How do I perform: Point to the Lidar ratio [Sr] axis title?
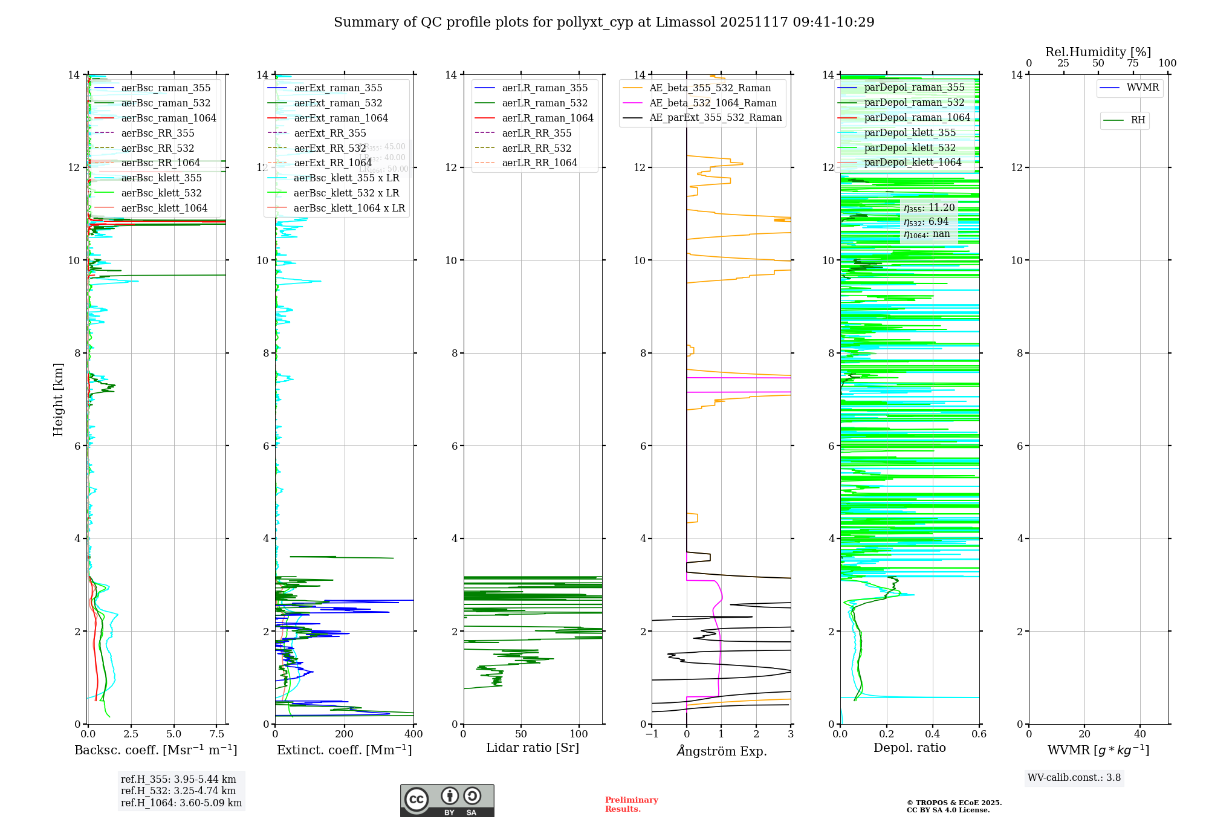tap(533, 748)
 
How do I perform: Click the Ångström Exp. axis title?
tap(722, 751)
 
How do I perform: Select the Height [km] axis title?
tap(58, 399)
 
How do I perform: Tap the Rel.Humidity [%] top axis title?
tap(1098, 52)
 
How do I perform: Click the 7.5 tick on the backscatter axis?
tap(217, 734)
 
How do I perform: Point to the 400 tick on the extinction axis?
tap(413, 734)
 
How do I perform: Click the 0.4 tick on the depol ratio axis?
tap(933, 734)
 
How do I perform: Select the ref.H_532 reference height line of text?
tap(178, 791)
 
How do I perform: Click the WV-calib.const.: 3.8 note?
tap(1074, 777)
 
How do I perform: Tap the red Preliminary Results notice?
tap(631, 804)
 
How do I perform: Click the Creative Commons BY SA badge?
tap(447, 801)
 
